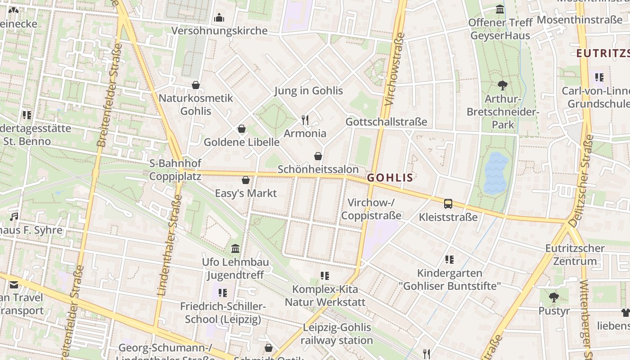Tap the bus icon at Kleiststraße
(x=448, y=204)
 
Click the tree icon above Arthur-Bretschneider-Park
(x=502, y=85)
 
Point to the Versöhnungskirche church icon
(x=219, y=18)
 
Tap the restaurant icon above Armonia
(x=305, y=120)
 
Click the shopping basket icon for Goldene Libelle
(x=242, y=129)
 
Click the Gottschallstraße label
(x=386, y=122)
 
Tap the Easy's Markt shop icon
(x=246, y=180)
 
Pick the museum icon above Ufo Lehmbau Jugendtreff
(x=235, y=249)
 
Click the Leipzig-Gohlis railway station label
(x=337, y=333)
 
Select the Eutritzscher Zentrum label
(x=575, y=254)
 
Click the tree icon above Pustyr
(x=553, y=297)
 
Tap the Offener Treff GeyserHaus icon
(x=500, y=9)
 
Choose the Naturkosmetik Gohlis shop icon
(x=196, y=85)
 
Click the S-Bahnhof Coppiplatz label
(x=175, y=170)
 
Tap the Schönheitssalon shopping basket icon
(x=318, y=156)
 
